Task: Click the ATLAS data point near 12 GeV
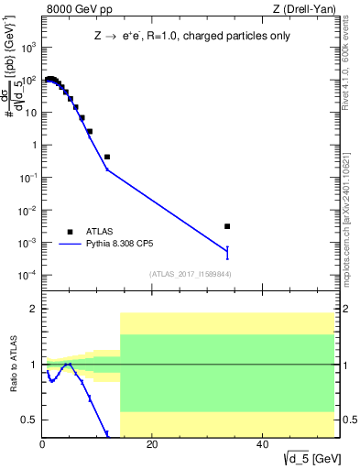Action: tap(107, 158)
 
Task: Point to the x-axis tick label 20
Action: tap(153, 446)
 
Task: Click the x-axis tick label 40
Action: tap(263, 446)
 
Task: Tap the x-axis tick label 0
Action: tap(43, 446)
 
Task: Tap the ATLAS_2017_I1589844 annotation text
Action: tap(191, 274)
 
